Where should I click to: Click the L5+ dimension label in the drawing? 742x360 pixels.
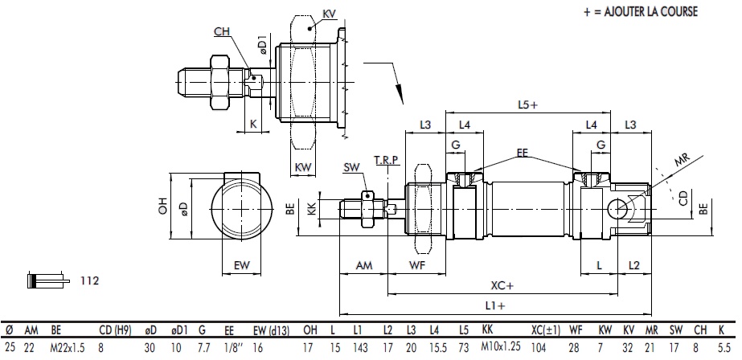(527, 104)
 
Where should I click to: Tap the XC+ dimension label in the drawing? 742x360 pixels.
(503, 284)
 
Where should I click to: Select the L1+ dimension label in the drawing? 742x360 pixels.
(495, 305)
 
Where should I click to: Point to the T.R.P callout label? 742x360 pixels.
(386, 161)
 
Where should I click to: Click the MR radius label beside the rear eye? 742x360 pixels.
(682, 162)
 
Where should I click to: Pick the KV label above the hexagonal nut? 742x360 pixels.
(328, 14)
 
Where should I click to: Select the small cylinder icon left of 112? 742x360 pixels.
(46, 280)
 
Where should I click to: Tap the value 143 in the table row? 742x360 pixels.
(360, 347)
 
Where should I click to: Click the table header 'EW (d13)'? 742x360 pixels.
(271, 329)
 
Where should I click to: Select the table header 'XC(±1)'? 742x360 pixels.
(546, 329)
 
